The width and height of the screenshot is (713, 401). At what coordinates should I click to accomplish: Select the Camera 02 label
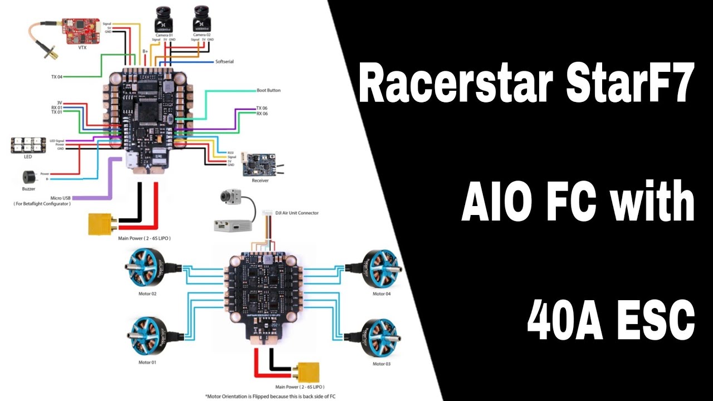tap(202, 35)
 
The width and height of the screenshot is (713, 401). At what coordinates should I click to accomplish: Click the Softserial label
tap(224, 61)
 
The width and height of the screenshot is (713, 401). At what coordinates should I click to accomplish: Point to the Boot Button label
tap(268, 90)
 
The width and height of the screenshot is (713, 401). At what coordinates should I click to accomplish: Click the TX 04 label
tap(56, 76)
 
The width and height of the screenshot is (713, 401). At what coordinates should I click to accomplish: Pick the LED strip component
tap(26, 145)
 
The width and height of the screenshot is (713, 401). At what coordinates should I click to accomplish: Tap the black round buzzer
tap(28, 178)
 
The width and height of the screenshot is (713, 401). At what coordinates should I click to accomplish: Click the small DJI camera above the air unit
tap(229, 198)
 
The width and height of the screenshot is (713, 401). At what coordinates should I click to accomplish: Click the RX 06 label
tap(262, 114)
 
